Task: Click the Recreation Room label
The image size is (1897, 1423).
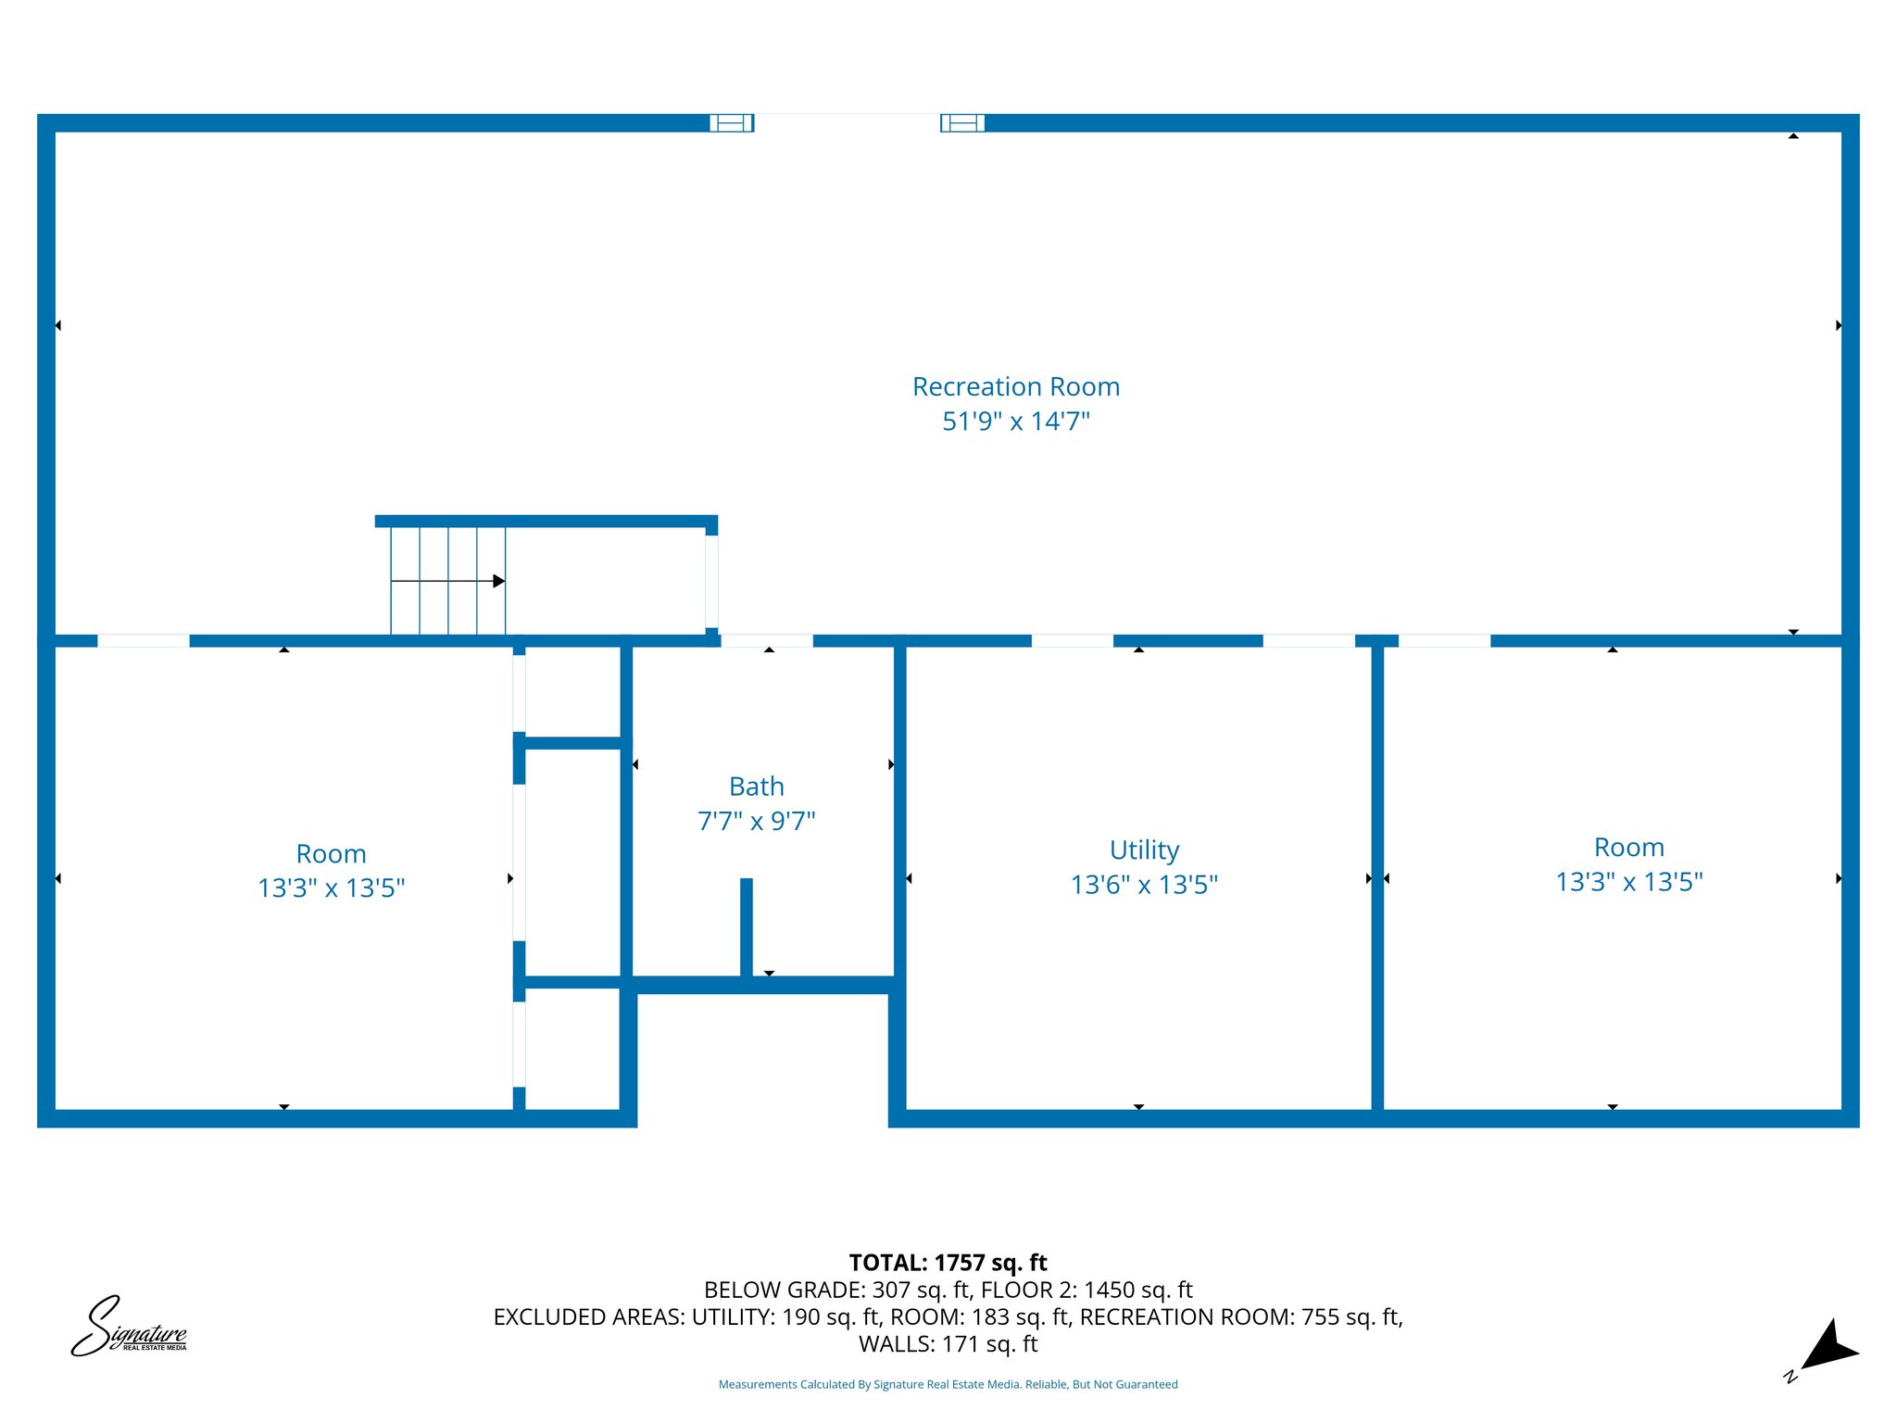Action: (x=1016, y=386)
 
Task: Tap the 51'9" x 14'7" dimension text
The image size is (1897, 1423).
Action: (x=1016, y=422)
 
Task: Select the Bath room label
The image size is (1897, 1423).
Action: (x=757, y=787)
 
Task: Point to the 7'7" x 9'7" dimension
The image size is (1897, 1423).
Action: (x=757, y=821)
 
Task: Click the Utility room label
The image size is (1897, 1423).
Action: (x=1144, y=850)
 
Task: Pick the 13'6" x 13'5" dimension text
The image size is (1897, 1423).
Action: (x=1144, y=885)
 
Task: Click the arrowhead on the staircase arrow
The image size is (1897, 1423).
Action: (x=498, y=581)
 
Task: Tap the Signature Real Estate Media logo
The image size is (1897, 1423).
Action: (x=130, y=1328)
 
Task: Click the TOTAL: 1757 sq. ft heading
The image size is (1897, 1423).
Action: (x=948, y=1263)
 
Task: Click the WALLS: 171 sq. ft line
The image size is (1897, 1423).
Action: (x=948, y=1343)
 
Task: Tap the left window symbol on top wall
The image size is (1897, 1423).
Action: (x=732, y=123)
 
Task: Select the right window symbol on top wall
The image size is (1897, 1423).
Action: (x=962, y=123)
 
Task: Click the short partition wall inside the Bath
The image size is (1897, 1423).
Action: (x=747, y=926)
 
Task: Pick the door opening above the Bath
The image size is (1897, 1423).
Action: (x=767, y=640)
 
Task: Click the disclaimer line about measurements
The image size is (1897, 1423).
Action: (x=948, y=1384)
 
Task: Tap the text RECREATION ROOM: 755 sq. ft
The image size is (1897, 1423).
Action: (x=1240, y=1316)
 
